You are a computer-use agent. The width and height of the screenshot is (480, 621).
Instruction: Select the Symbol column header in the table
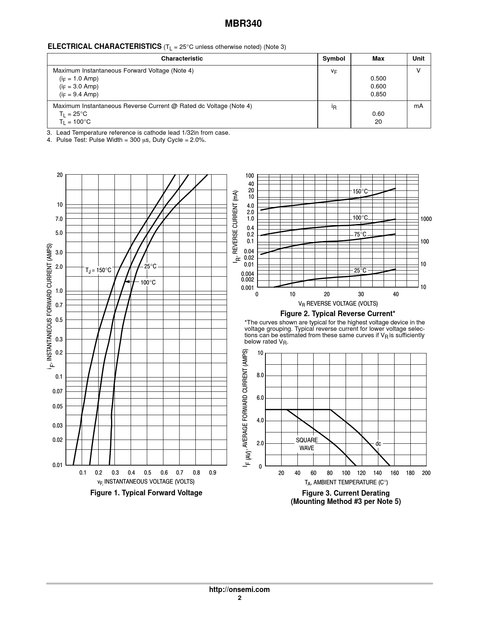click(x=334, y=59)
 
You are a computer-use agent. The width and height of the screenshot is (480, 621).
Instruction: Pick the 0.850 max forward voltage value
click(x=378, y=94)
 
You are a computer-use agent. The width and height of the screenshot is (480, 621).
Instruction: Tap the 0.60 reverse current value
click(x=378, y=114)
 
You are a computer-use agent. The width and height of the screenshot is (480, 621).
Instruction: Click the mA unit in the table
click(x=418, y=106)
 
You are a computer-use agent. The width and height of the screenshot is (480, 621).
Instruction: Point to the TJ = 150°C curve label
click(x=98, y=270)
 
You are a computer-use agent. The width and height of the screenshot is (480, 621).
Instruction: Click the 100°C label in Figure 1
click(x=148, y=282)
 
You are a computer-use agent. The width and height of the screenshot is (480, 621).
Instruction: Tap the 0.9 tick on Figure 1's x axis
click(x=213, y=473)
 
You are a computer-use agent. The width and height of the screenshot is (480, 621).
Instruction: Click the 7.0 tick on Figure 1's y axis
click(x=59, y=219)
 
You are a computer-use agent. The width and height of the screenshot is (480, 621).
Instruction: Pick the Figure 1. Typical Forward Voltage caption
click(x=146, y=493)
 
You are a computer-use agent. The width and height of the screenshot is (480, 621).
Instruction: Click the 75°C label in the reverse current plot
click(x=360, y=234)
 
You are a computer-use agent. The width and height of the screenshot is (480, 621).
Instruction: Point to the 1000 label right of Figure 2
click(x=426, y=219)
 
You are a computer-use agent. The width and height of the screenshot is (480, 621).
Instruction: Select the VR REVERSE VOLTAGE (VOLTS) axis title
click(x=338, y=303)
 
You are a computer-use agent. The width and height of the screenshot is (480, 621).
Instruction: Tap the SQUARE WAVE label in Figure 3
click(x=307, y=444)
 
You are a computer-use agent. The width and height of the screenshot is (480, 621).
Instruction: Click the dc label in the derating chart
click(x=378, y=444)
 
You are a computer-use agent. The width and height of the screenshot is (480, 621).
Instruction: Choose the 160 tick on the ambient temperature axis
click(x=395, y=473)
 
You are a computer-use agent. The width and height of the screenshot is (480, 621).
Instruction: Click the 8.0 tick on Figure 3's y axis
click(x=260, y=376)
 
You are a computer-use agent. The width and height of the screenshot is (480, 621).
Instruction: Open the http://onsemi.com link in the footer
click(x=239, y=590)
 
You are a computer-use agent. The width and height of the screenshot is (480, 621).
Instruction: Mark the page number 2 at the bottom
click(x=239, y=598)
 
